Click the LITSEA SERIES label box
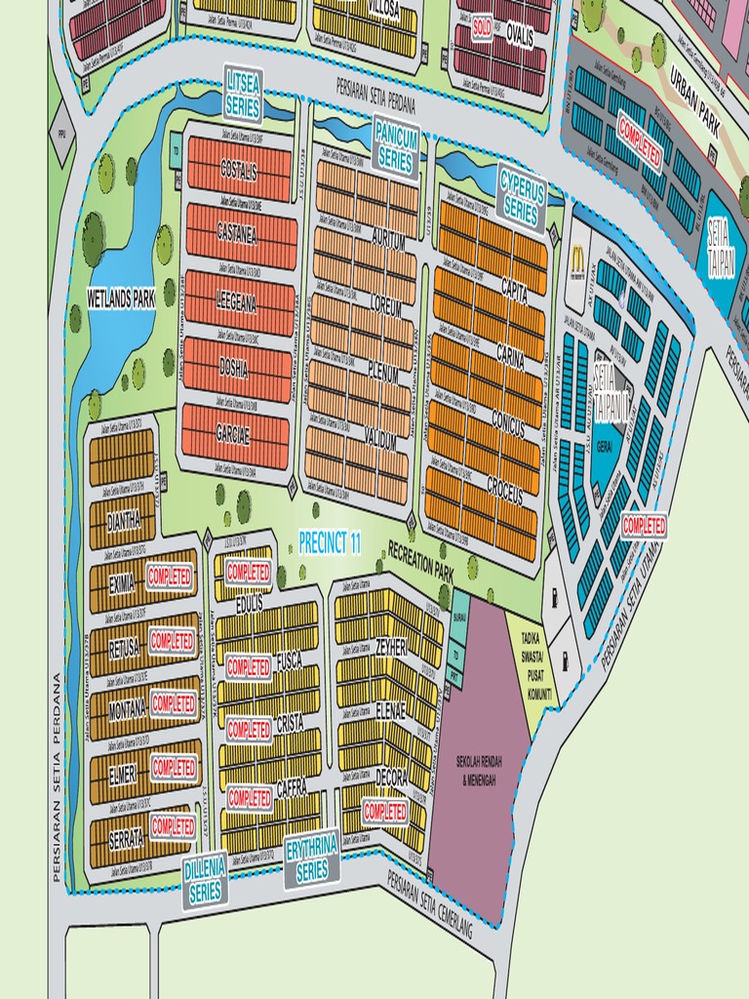[x=243, y=93]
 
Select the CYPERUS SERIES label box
[x=522, y=196]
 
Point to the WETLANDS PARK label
[x=122, y=299]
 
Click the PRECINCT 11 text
[x=330, y=544]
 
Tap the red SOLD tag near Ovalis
[x=482, y=30]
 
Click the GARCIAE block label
[x=233, y=436]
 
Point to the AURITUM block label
[x=387, y=243]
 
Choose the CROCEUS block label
[x=504, y=496]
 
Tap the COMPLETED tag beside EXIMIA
[x=171, y=576]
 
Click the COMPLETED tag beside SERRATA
[x=173, y=827]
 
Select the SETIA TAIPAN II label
[x=611, y=393]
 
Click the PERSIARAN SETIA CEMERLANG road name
[x=430, y=906]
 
